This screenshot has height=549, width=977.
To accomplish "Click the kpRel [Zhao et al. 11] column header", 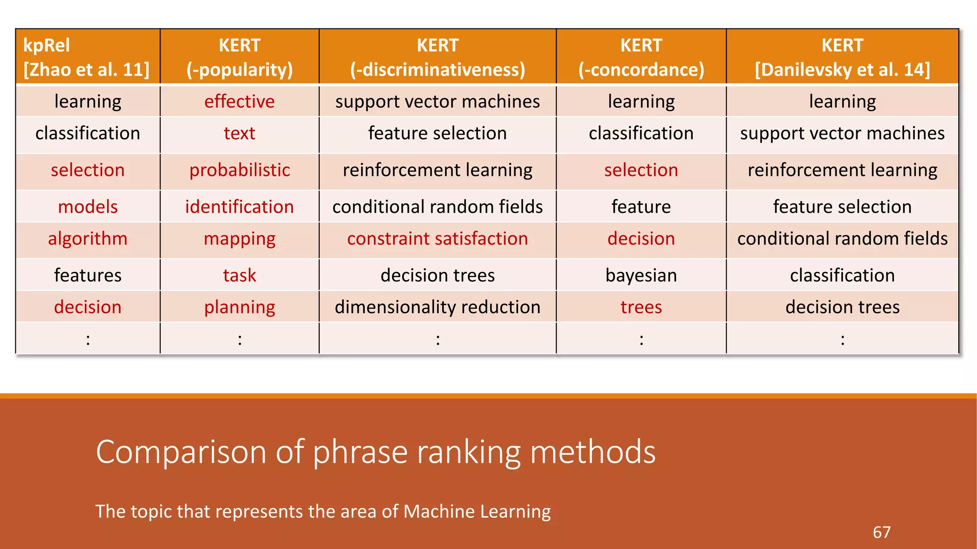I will coord(87,57).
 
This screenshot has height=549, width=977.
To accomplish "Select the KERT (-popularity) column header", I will coord(239,57).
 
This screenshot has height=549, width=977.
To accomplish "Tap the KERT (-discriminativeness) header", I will coord(437,57).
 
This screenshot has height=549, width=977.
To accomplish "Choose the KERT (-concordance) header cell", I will coord(641,57).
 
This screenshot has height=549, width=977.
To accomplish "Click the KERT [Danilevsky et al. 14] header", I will coord(842,57).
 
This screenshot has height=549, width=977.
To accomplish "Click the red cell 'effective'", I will coord(239,102).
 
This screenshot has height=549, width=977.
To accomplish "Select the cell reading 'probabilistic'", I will coord(239,170).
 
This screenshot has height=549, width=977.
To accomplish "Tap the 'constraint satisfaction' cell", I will coord(437,239).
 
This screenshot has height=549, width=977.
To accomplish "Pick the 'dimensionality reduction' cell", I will coord(437,307).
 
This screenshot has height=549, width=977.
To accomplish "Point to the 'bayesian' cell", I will coord(641,275).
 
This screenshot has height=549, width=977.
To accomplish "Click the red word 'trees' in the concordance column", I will coord(641,307).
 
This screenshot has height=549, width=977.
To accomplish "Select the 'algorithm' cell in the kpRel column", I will coord(88,239).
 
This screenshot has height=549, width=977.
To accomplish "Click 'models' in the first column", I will coord(88,207).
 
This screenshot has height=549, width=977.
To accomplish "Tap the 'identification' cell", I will coord(239,207).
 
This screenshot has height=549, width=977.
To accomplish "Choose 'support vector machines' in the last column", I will coord(842,133).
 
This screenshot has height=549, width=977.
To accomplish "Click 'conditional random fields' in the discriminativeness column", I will coord(437,207).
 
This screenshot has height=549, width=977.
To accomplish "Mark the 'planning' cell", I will coord(239,307).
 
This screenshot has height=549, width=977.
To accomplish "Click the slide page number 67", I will coord(882,532).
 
